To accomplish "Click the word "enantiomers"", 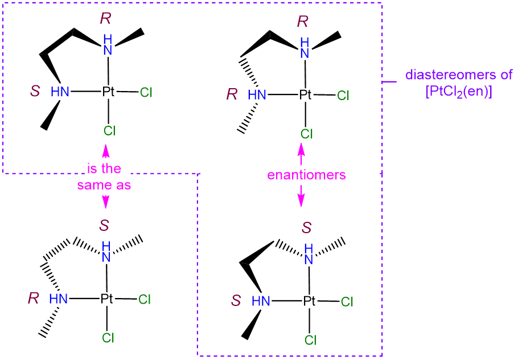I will [307, 175].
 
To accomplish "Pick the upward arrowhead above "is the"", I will [106, 150].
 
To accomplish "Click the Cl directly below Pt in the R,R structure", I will [307, 134].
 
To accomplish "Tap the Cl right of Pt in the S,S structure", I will [347, 301].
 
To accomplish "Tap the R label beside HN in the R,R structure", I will [232, 94].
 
